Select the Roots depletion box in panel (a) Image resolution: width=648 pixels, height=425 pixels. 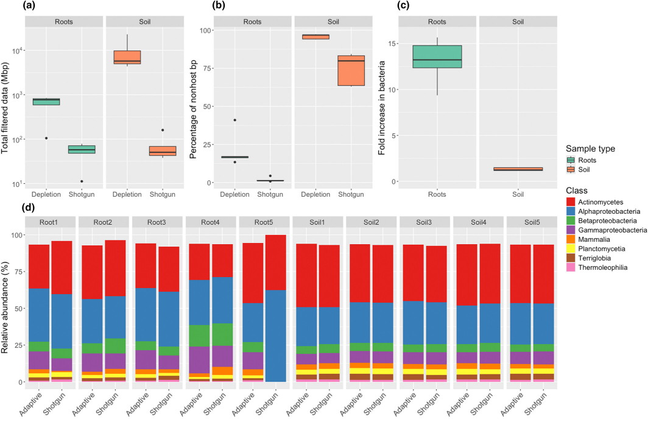tap(46, 102)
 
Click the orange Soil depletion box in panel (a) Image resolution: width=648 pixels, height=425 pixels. tap(127, 57)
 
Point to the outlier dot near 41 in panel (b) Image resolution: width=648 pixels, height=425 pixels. tap(234, 120)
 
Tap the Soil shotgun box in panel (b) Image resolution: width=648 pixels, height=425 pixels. tap(351, 71)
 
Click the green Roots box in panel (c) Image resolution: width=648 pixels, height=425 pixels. tap(437, 57)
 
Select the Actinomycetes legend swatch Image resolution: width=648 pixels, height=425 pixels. tap(571, 202)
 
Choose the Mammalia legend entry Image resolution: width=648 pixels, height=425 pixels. tap(589, 239)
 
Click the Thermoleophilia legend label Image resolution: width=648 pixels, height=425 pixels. tap(602, 268)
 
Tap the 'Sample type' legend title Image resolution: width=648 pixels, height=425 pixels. tap(590, 149)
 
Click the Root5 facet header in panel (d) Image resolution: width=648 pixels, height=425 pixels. tap(263, 222)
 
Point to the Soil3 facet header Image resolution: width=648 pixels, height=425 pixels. tap(424, 222)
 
